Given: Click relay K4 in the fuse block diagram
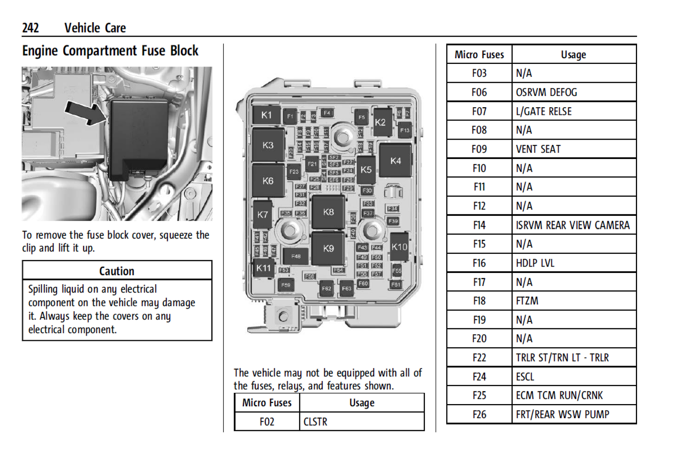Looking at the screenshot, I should coord(395,161).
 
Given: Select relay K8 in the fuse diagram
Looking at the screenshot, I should coord(328,212).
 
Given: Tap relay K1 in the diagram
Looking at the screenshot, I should coord(267,115).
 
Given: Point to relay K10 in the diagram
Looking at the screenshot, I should coord(399,247).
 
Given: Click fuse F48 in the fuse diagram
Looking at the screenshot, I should coord(296,256).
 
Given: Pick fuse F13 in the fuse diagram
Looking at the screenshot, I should coord(404,130).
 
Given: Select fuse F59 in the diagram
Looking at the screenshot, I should coord(286,285).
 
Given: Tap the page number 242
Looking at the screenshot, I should coord(30,28).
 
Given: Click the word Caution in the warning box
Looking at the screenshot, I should coord(117,271).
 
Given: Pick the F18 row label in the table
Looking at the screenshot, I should coord(479,301).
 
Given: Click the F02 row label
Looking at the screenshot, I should coord(267,422).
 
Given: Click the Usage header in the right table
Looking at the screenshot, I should coord(573,55).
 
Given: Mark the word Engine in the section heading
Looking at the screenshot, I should coord(40,51).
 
